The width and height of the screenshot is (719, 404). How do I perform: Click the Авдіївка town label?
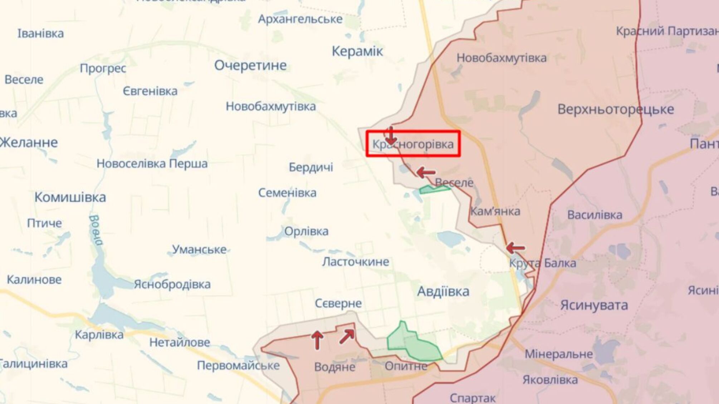[x=443, y=291]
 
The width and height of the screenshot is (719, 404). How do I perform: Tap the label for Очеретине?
[x=250, y=65]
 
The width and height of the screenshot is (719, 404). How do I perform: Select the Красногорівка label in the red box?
[x=413, y=144]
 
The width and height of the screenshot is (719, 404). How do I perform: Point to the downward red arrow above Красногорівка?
[x=391, y=136]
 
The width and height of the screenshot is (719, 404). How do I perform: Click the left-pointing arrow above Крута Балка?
[x=515, y=247]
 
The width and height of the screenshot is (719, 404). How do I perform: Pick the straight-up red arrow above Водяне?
[x=317, y=340]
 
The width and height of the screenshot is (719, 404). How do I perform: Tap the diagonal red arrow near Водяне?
[x=347, y=336]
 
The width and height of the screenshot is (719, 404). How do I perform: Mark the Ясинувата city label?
[x=594, y=305]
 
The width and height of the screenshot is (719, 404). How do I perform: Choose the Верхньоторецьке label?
[x=615, y=109]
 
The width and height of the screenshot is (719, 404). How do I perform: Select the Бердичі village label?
[x=311, y=167]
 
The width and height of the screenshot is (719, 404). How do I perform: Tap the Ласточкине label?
[x=355, y=262]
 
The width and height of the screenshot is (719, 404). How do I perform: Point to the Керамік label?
[x=357, y=51]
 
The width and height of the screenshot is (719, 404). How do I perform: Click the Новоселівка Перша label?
[x=152, y=164]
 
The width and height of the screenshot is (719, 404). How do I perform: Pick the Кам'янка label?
[x=495, y=211]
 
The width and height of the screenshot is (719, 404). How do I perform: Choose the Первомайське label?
[x=238, y=365]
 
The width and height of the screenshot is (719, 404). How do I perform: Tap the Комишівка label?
[x=70, y=197]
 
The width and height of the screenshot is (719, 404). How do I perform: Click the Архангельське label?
[x=300, y=19]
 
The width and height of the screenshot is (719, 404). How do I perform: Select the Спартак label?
[x=473, y=398]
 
